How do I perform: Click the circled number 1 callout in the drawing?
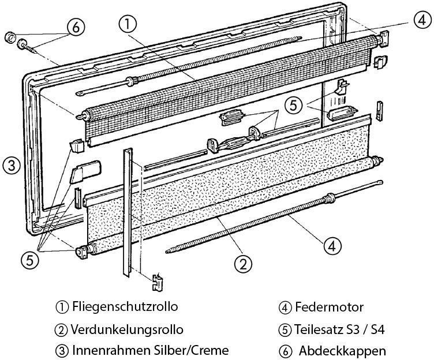tap(128, 25)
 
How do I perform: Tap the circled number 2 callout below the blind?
tap(243, 264)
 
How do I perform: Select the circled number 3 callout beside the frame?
tap(12, 166)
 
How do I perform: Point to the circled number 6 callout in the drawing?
tap(76, 26)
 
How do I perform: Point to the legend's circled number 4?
tap(283, 307)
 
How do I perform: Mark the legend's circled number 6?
tap(283, 350)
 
